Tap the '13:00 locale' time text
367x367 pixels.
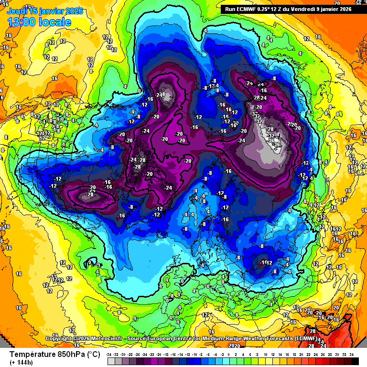pyautogui.click(x=39, y=22)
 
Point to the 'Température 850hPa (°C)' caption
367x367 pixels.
pyautogui.click(x=55, y=354)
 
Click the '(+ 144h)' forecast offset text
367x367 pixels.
pyautogui.click(x=21, y=362)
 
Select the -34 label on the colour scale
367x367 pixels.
pyautogui.click(x=110, y=354)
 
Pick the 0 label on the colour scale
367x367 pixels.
pyautogui.click(x=229, y=354)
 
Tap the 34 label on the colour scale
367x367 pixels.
pyautogui.click(x=351, y=354)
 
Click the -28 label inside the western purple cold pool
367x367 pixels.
pyautogui.click(x=90, y=194)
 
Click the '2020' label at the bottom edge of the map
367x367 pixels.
pyautogui.click(x=234, y=345)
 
